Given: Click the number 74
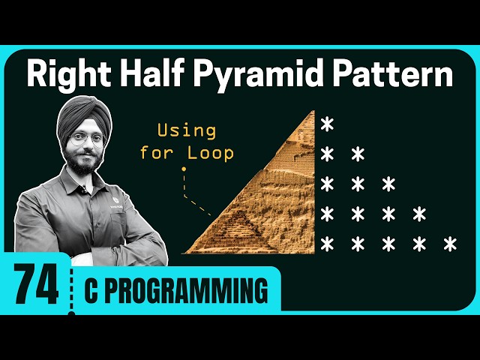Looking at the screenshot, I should [x=35, y=286].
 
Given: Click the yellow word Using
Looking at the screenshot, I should [x=186, y=130].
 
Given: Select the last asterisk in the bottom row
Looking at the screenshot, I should [x=450, y=244].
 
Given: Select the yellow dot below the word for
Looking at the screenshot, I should [x=183, y=169].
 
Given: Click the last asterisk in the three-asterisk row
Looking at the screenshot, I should [x=388, y=184].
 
